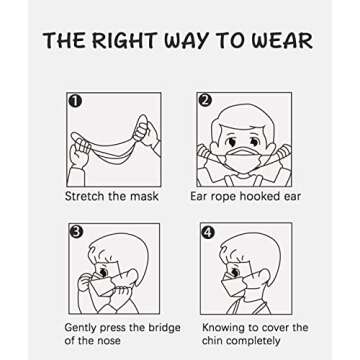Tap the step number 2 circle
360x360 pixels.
206,100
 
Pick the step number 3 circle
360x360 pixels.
75,232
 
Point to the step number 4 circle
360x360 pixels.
207,232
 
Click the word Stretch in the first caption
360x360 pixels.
86,197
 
